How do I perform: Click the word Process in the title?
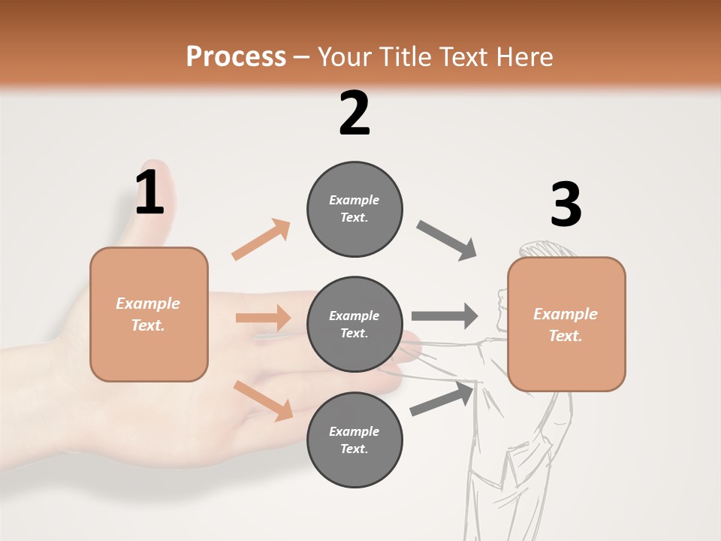(236, 57)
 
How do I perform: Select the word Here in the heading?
(523, 57)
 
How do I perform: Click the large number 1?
(149, 193)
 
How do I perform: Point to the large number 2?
(354, 113)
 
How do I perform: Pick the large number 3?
(566, 204)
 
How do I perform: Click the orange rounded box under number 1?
(149, 314)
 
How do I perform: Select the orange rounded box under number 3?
(566, 325)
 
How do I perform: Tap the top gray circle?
(354, 209)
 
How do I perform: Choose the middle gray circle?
(354, 325)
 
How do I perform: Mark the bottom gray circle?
(354, 440)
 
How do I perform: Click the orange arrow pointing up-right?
(261, 239)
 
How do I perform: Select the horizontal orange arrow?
(263, 318)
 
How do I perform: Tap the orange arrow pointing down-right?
(264, 400)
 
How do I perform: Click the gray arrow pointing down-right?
(447, 240)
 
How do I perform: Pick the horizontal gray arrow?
(444, 316)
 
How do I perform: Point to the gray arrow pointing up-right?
(442, 398)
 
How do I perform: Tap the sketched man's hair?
(545, 248)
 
